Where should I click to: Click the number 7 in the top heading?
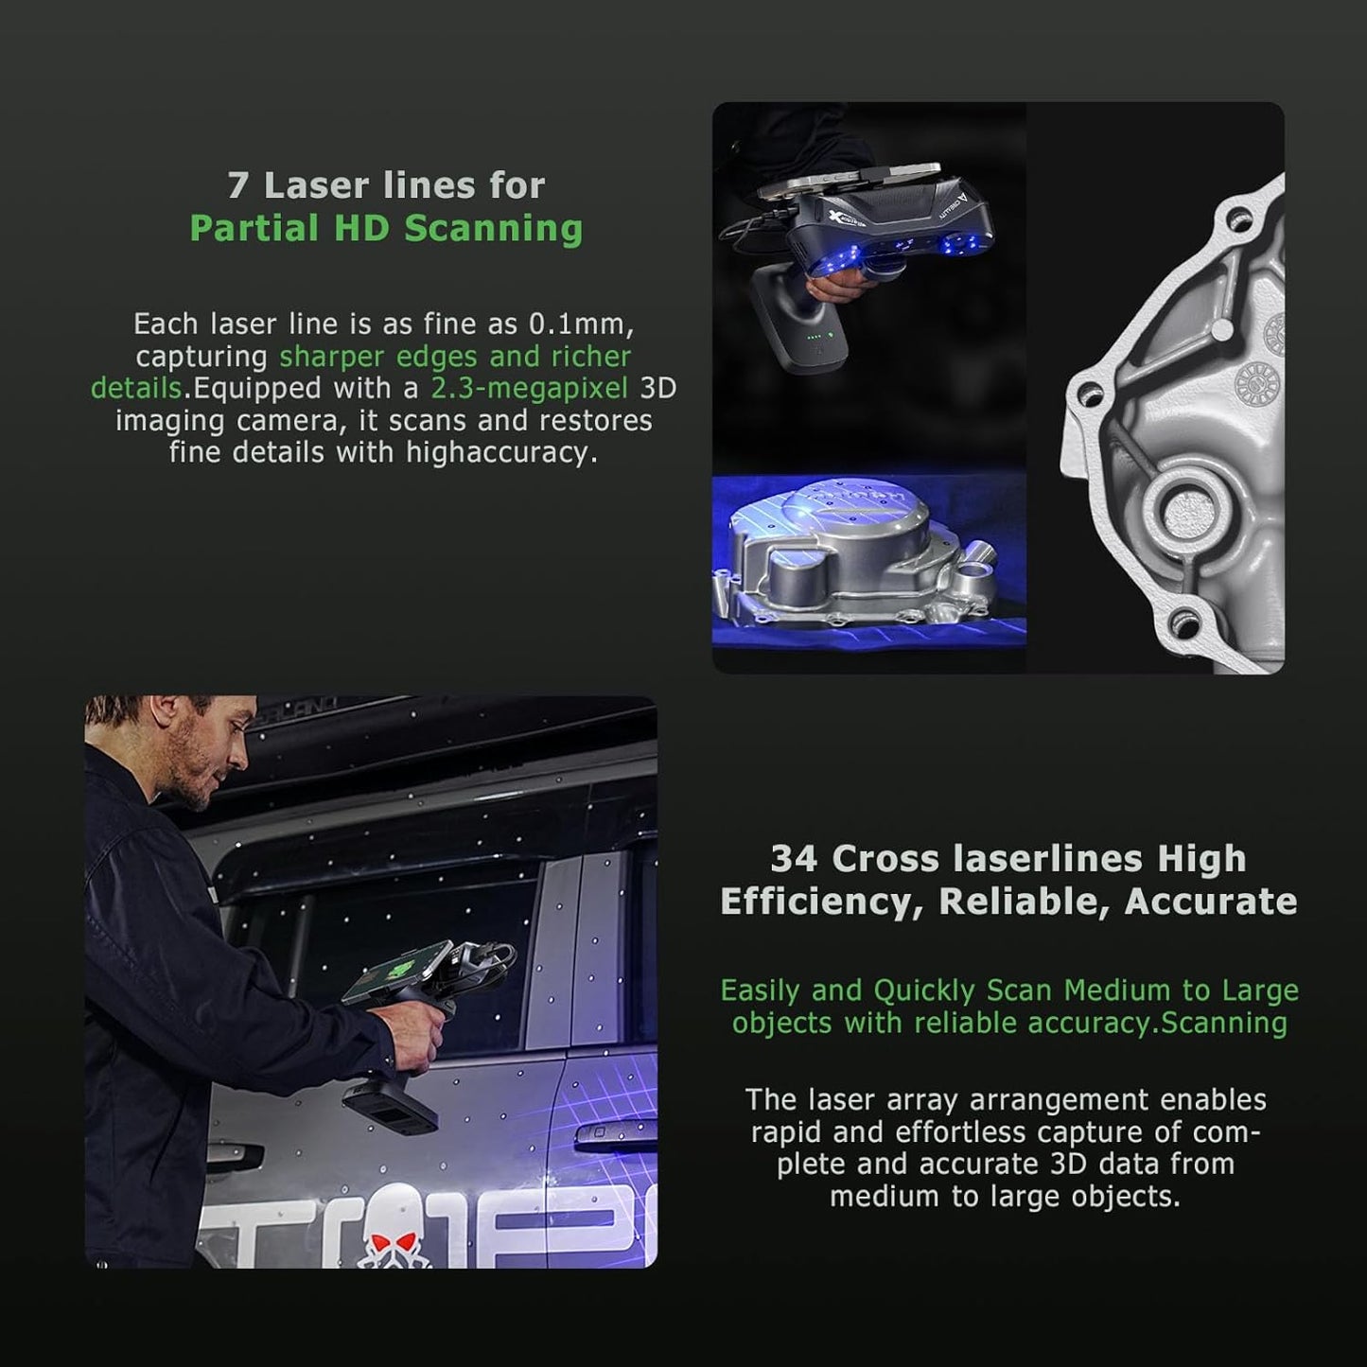point(238,185)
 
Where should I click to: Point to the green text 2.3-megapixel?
point(529,388)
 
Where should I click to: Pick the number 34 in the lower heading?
point(794,859)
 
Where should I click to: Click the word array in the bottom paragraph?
point(923,1100)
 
